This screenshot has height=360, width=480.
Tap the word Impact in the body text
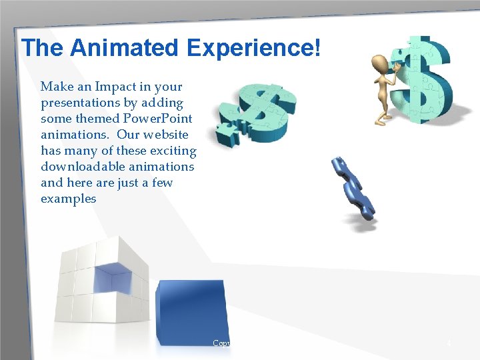pyautogui.click(x=125, y=87)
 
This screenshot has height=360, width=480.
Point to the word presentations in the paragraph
pyautogui.click(x=84, y=103)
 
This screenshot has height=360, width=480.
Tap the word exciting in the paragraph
pyautogui.click(x=173, y=151)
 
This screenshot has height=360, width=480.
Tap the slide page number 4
pyautogui.click(x=449, y=343)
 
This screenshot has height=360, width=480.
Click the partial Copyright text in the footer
pyautogui.click(x=221, y=343)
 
